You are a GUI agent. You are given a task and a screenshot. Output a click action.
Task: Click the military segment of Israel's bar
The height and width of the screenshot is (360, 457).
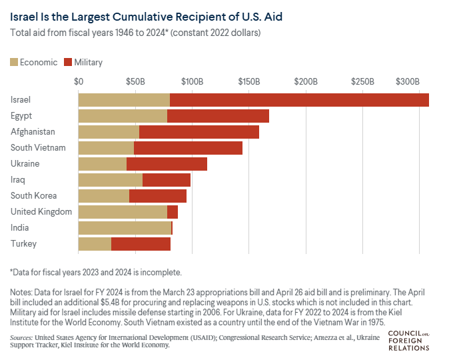point(299,100)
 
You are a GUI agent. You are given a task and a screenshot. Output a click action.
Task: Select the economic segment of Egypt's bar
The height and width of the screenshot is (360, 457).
point(123,116)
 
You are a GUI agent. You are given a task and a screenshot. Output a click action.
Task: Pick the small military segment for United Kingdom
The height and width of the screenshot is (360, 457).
point(173,212)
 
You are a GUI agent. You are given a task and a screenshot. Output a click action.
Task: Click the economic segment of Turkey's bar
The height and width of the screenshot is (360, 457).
point(95,244)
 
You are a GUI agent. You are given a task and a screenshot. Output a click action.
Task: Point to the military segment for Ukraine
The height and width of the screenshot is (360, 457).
point(167,164)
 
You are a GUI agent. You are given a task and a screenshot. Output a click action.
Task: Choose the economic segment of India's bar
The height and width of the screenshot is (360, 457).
point(125,228)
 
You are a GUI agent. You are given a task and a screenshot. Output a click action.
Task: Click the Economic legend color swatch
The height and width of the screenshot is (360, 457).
point(13,62)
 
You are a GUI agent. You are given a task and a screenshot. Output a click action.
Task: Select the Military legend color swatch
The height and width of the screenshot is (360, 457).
point(68,62)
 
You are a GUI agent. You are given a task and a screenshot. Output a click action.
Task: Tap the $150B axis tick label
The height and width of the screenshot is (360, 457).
point(249,81)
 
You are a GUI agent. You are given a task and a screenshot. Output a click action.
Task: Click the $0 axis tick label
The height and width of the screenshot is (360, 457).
point(79,81)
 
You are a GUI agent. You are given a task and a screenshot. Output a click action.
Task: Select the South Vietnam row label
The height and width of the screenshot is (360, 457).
point(38,148)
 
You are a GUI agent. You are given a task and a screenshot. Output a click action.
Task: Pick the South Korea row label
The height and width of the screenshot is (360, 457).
point(34,196)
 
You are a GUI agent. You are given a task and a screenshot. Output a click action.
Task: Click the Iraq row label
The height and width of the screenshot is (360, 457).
point(19,180)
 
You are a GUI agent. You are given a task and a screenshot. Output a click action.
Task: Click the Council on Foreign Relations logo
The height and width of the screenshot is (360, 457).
point(407,339)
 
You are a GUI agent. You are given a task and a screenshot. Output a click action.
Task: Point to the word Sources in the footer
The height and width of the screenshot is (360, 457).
point(23,338)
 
